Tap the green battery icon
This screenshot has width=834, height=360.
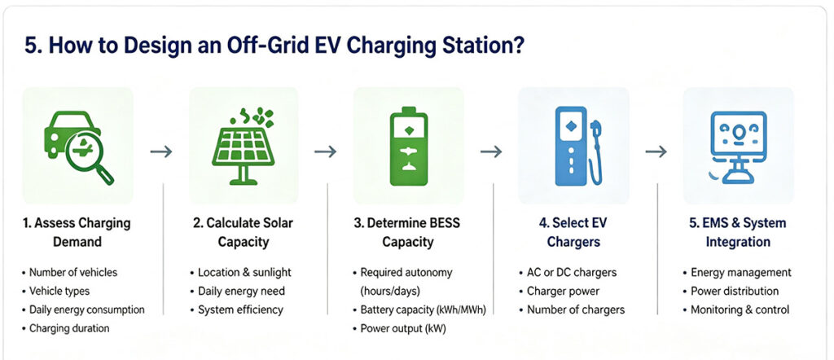tap(409, 146)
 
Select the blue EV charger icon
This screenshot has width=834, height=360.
tap(578, 146)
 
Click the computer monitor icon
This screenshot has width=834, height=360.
tap(738, 147)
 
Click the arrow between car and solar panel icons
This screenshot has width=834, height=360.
tap(160, 152)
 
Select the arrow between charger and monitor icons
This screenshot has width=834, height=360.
tap(656, 152)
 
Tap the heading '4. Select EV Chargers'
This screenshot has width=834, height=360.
tap(573, 232)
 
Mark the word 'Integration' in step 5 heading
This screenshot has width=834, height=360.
tap(738, 242)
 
